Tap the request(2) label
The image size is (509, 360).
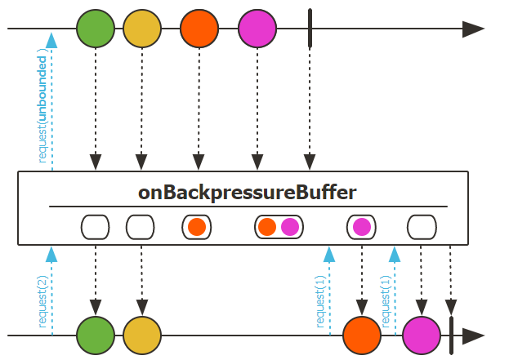(x=42, y=303)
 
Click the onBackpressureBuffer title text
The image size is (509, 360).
(x=248, y=193)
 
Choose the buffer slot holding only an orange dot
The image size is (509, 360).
(x=196, y=227)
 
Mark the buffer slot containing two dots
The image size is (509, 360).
(x=279, y=227)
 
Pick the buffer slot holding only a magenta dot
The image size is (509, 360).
(x=361, y=227)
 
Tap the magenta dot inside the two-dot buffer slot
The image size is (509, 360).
(x=290, y=227)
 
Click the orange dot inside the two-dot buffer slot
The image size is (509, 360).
(x=267, y=227)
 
